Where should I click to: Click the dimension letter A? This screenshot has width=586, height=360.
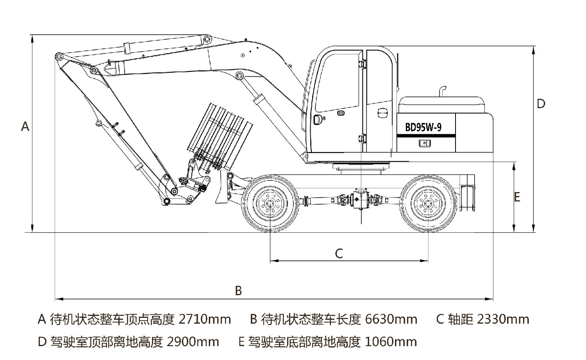coord(25,127)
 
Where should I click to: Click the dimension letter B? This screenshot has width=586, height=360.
coord(238,290)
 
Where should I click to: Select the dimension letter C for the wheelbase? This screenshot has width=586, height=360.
coord(339,254)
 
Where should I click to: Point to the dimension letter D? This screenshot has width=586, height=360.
coord(541,104)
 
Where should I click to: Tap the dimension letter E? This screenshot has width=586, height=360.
coord(517,197)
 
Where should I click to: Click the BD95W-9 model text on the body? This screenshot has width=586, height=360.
coord(423,127)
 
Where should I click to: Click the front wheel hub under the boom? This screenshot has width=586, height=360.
coord(270,203)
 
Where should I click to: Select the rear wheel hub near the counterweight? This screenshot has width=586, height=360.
coord(428,203)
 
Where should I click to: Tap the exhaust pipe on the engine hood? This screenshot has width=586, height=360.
coord(442,91)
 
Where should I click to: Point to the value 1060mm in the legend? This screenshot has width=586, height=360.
coord(391,342)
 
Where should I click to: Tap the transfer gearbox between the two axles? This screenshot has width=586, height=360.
coord(358,200)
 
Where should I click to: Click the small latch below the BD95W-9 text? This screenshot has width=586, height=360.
coord(423,143)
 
